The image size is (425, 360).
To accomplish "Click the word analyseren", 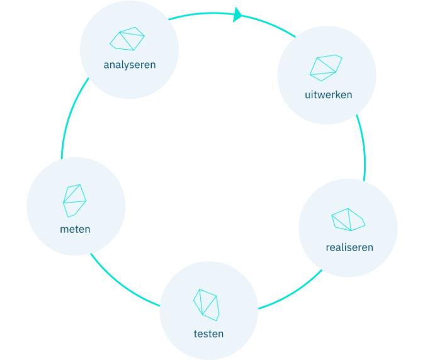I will coord(130,64).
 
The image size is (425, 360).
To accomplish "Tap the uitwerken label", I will coord(327,95).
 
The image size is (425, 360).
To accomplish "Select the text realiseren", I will coord(349,247).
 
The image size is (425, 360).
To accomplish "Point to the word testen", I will coord(208,334).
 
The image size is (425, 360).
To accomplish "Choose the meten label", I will coord(75,229).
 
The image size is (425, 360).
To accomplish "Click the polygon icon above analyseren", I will coord(127,39).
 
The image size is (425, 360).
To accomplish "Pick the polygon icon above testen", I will coord(207,302).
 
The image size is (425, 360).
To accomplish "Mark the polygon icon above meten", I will coord(74,201).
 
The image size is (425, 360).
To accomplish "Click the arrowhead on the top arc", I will coord(237,14).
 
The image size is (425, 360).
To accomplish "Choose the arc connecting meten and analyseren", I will coord(71,116).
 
